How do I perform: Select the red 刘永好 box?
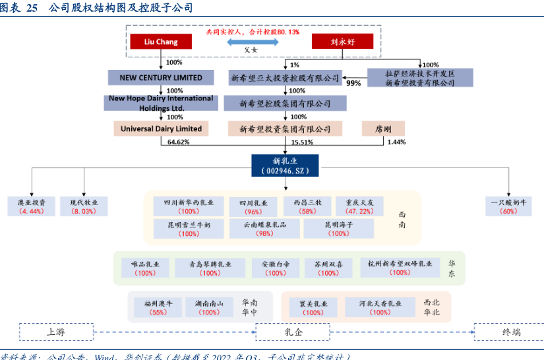[x=342, y=42]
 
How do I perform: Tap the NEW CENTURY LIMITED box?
[x=161, y=78]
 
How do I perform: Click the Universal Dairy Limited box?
[x=161, y=129]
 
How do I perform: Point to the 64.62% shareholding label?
[x=179, y=142]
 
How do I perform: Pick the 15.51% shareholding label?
[x=302, y=142]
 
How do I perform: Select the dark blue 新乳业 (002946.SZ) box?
[x=285, y=165]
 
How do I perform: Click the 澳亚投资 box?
[x=31, y=206]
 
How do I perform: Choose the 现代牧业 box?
[x=84, y=206]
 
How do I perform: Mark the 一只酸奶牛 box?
[x=508, y=206]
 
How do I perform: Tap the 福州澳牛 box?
[x=158, y=307]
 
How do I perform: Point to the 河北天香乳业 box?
[x=380, y=307]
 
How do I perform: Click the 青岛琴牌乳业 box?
[x=210, y=268]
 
